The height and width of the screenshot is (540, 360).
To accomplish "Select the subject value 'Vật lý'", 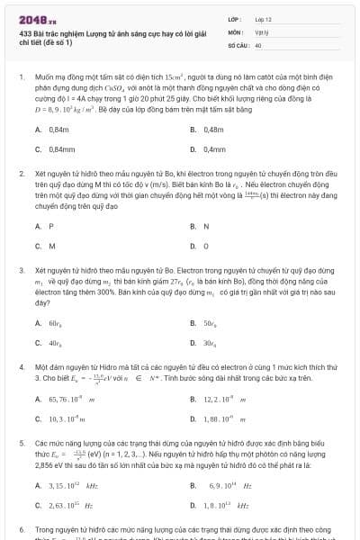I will [262, 31].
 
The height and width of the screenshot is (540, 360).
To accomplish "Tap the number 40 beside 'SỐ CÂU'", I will [258, 44].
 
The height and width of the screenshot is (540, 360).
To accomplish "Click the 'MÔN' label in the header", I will [235, 31].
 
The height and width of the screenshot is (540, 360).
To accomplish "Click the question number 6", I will [21, 530].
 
